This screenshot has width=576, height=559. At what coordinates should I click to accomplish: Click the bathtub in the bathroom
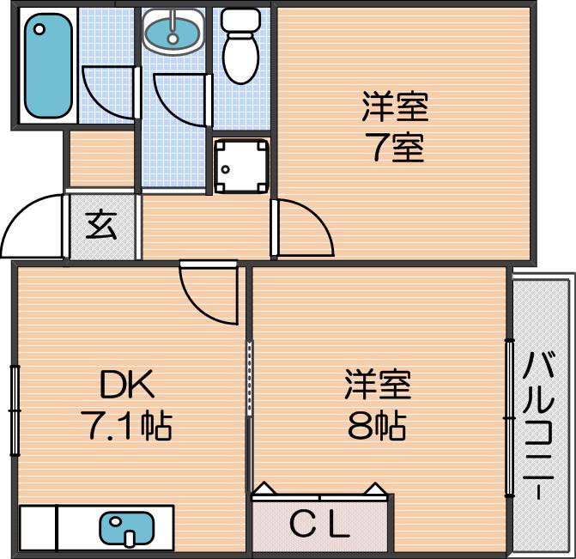(48, 65)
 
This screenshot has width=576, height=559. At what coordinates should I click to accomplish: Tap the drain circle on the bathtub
(39, 29)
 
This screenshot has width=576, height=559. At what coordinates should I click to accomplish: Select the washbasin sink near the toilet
(173, 32)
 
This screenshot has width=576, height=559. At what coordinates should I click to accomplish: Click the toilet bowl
(241, 58)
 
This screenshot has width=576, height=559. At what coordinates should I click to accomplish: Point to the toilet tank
(240, 21)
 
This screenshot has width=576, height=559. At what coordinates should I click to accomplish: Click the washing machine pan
(241, 166)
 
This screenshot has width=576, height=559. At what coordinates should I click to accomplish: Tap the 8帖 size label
(377, 426)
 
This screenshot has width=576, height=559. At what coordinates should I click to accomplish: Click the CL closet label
(319, 523)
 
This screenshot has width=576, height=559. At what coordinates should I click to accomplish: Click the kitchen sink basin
(127, 528)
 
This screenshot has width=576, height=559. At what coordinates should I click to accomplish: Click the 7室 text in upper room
(394, 148)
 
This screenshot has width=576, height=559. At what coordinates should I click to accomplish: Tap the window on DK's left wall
(15, 410)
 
